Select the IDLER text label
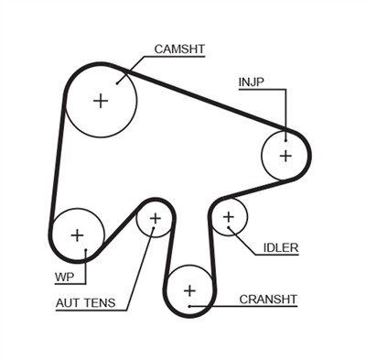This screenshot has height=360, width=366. point(280,247)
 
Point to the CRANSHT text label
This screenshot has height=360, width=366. point(269,299)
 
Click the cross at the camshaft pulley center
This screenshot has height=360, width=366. point(101,100)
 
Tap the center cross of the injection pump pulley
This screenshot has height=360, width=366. point(285,155)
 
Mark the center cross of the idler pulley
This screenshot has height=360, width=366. point(229,217)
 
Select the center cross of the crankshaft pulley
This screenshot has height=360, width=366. point(190,291)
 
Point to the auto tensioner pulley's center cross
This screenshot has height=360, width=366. point(155,219)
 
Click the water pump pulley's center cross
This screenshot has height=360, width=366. point(77,234)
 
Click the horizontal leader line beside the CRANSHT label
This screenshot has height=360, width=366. point(221,299)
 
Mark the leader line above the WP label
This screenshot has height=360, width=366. point(84,262)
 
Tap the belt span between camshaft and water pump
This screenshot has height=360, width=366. point(57,156)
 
